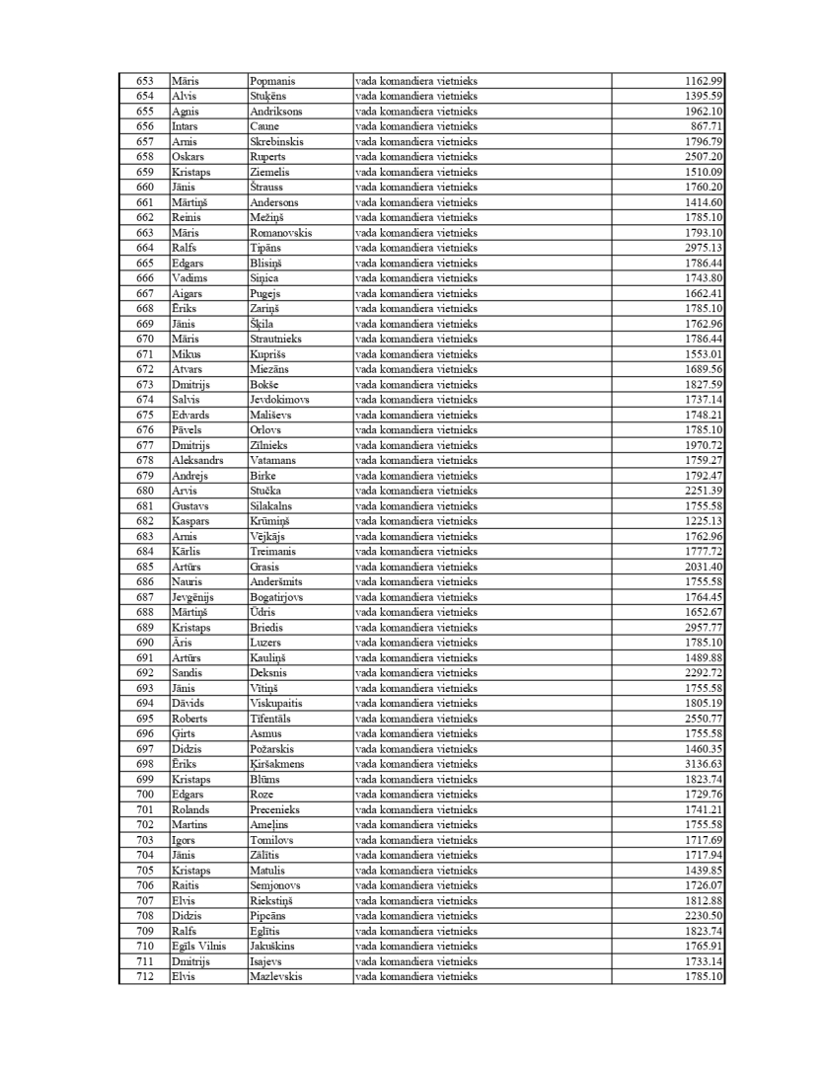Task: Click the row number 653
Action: (145, 81)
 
